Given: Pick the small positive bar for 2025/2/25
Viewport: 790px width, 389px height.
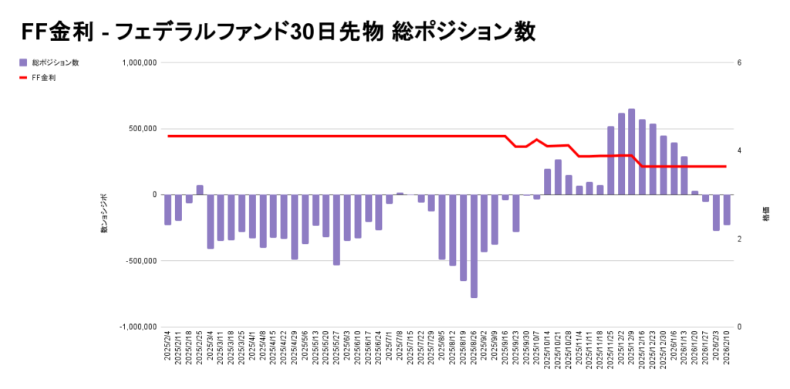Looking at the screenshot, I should [x=200, y=190].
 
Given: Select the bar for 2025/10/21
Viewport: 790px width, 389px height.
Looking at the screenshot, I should [x=558, y=177].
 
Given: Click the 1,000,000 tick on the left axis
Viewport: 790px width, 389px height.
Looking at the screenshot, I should [x=139, y=63].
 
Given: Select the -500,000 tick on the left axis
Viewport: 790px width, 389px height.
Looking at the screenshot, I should [x=139, y=261].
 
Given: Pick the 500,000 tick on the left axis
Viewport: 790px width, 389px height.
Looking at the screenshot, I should [x=142, y=129].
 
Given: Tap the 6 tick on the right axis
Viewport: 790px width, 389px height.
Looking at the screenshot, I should [x=739, y=63].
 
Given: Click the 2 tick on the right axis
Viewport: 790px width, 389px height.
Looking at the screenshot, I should [x=739, y=239].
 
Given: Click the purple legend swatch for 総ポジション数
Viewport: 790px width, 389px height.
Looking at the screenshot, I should [x=23, y=63].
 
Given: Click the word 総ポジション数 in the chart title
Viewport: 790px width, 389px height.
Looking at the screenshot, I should [x=464, y=32].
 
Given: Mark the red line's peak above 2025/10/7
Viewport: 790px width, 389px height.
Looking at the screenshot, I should [x=536, y=140].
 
